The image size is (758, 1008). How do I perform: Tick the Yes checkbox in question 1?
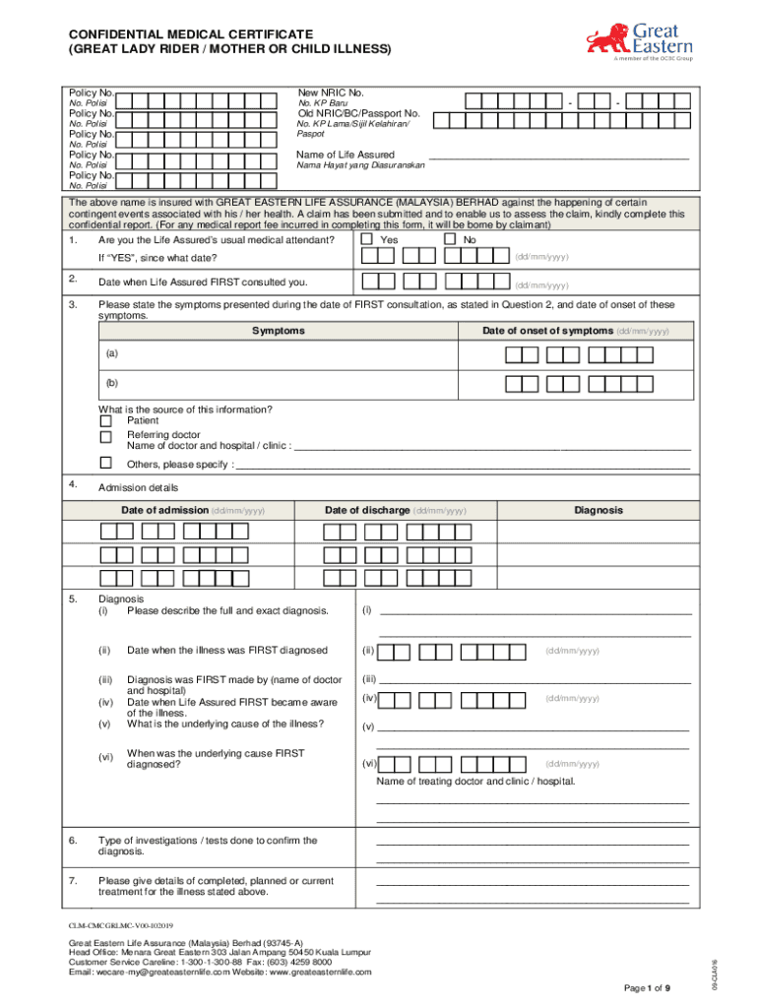click(x=367, y=239)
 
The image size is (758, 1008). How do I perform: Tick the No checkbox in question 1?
click(x=450, y=239)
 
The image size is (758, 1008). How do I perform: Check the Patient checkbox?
click(x=105, y=421)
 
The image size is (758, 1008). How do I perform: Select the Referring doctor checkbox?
click(x=105, y=436)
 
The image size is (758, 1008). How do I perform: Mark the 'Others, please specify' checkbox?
click(x=105, y=463)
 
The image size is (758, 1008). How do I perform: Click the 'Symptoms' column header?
click(x=278, y=332)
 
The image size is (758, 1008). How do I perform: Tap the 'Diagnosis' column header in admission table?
click(x=599, y=510)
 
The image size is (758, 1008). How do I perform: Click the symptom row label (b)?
click(x=114, y=383)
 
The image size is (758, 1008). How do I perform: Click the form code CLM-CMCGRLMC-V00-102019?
click(x=121, y=926)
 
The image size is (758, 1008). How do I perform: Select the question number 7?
click(x=73, y=880)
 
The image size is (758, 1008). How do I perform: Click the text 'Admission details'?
click(x=139, y=488)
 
